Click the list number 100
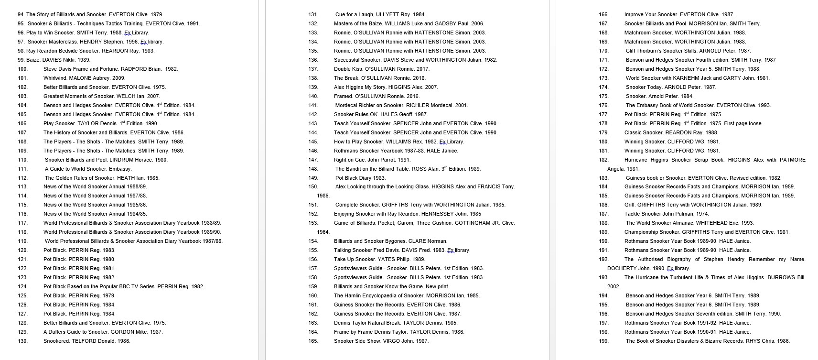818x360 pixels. click(22, 69)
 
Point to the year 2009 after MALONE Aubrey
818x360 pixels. click(118, 78)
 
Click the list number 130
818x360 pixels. click(22, 341)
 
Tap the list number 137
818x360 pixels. click(313, 69)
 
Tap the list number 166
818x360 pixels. click(603, 14)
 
